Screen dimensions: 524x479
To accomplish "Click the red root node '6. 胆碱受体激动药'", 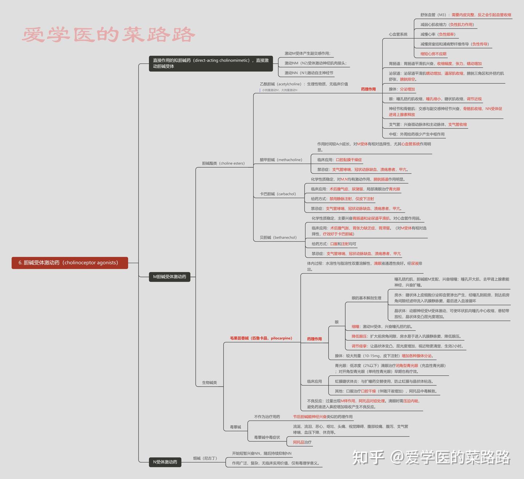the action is [x=70, y=263].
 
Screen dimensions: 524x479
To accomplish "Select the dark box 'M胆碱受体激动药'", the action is [x=170, y=277].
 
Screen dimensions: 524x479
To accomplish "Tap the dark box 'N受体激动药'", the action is [x=165, y=462].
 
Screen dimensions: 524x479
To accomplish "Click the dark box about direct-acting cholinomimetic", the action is [x=211, y=63].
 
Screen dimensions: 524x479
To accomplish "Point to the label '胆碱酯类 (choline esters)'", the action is [x=223, y=163].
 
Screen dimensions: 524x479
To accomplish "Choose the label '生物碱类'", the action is [x=209, y=383].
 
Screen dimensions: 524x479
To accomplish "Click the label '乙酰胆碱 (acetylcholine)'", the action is [x=280, y=84].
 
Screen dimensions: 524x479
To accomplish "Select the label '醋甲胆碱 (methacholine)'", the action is [x=281, y=160].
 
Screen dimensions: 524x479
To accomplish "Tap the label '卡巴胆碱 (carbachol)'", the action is [x=278, y=194].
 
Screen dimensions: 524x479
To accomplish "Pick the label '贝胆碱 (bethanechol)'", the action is [x=278, y=238].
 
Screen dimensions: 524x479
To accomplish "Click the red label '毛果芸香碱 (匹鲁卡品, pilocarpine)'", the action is [x=261, y=338].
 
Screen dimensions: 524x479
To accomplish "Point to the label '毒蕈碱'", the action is [x=235, y=427].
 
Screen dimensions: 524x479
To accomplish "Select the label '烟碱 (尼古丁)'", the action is [x=205, y=458].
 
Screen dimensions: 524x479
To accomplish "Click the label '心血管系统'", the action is [x=398, y=34].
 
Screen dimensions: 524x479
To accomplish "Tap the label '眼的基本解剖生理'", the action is [x=366, y=298].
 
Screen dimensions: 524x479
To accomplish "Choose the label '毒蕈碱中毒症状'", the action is [x=267, y=437].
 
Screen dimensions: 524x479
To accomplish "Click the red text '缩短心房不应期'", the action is [x=433, y=54].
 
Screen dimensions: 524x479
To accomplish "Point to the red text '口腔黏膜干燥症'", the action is [x=349, y=160].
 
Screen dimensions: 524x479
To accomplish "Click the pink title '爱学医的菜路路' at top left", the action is [x=108, y=35].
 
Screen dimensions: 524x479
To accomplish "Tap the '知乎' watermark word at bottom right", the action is [x=368, y=458].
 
